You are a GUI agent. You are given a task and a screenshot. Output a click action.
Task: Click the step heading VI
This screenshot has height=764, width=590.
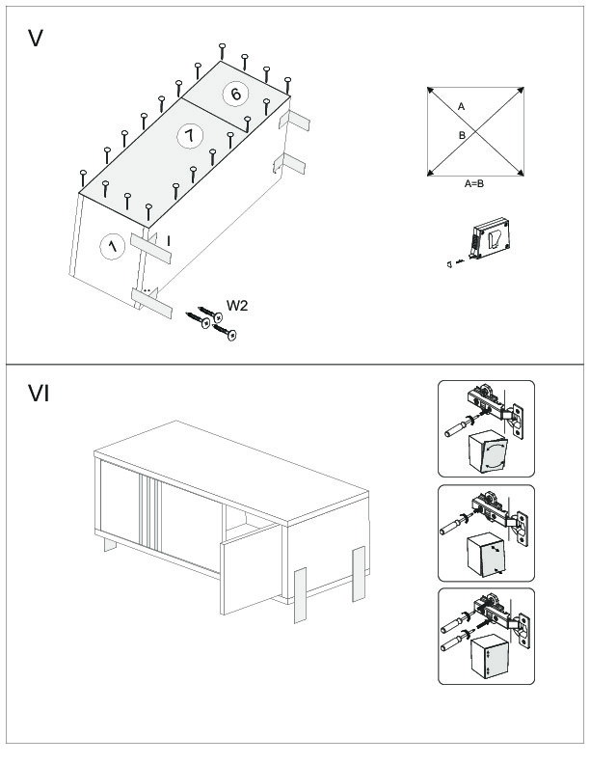[x=40, y=394]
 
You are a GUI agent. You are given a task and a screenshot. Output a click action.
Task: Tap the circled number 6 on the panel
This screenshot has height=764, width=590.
[x=235, y=94]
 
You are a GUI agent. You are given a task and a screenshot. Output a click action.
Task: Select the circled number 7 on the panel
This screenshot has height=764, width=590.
[x=190, y=136]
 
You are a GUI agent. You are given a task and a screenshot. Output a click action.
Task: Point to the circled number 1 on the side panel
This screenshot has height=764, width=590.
[x=113, y=247]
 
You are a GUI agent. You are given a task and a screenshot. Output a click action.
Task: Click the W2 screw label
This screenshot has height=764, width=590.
[x=238, y=306]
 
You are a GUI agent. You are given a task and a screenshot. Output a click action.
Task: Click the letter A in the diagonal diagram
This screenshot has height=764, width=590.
[x=461, y=106]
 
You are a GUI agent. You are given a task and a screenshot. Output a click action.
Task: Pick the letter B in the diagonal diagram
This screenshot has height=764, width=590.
[x=462, y=136]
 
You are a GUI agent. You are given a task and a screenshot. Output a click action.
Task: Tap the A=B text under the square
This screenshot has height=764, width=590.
[x=474, y=183]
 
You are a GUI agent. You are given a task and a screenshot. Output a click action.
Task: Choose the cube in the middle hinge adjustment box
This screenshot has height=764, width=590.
[x=485, y=554]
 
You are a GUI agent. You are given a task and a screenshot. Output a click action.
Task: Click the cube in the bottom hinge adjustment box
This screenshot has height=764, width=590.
[x=485, y=659]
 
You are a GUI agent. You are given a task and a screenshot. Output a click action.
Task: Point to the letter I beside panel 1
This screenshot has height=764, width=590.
[x=168, y=238]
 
